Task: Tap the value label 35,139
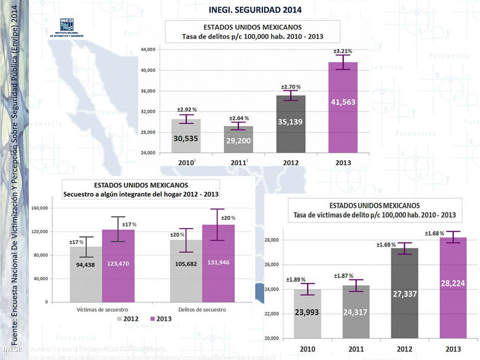290,121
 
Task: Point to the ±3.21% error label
343,51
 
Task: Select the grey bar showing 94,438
86,275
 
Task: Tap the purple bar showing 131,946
218,265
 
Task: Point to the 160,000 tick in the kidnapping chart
39,208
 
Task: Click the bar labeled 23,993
307,315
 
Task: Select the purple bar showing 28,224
454,290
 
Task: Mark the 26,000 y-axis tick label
271,265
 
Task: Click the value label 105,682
186,263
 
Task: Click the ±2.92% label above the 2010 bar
187,109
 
